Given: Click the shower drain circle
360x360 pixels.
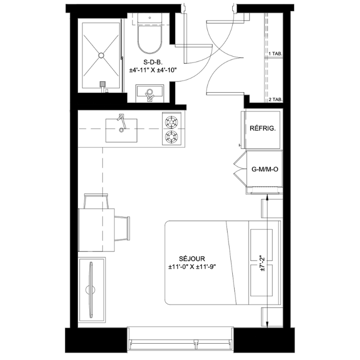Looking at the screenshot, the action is click(101, 55).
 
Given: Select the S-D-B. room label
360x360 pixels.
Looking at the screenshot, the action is click(153, 62).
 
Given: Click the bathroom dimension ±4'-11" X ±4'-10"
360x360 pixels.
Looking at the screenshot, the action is click(153, 70).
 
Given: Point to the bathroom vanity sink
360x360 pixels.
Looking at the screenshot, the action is click(150, 94).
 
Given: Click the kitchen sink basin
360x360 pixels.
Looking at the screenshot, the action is click(121, 131).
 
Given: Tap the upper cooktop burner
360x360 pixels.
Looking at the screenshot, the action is click(172, 121).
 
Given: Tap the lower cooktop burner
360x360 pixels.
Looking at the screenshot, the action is click(172, 137).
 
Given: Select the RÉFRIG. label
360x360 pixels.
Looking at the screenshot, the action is click(263, 128).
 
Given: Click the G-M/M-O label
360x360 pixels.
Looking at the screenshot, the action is click(265, 169).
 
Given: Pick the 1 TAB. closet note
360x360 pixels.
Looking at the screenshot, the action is click(276, 54).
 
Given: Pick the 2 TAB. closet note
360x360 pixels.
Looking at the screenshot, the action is click(276, 100).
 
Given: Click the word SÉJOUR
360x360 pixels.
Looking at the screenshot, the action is click(192, 259).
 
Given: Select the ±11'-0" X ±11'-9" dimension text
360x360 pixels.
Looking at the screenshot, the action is click(192, 267).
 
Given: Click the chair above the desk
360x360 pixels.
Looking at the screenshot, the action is click(96, 201).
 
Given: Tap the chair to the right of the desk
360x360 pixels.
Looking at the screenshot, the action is click(122, 228).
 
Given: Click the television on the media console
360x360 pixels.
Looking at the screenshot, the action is click(91, 290).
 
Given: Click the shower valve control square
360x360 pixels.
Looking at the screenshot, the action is click(103, 84).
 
